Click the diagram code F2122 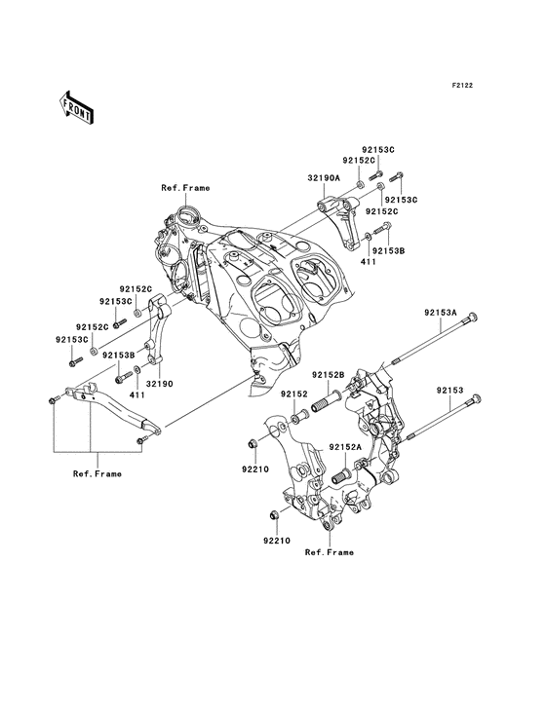click(x=461, y=86)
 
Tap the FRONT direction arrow click(x=77, y=107)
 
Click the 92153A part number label click(x=441, y=313)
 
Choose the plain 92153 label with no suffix click(x=449, y=390)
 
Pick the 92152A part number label click(x=345, y=446)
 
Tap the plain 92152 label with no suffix click(x=295, y=394)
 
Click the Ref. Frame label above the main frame click(x=185, y=187)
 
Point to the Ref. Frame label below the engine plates click(x=329, y=551)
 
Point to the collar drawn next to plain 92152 click(x=297, y=417)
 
